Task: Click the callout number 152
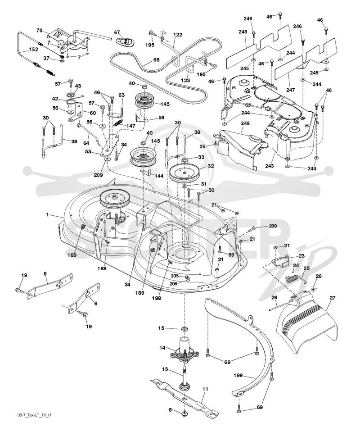(x=34, y=50)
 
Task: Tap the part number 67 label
(x=117, y=32)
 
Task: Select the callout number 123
(x=185, y=81)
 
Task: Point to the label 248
(x=243, y=32)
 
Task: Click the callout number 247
(x=291, y=90)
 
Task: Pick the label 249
(x=245, y=123)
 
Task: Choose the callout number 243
(x=270, y=166)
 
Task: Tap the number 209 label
(x=98, y=175)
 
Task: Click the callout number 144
(x=159, y=176)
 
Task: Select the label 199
(x=238, y=376)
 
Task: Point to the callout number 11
(x=205, y=389)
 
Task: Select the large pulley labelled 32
(x=184, y=173)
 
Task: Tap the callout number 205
(x=175, y=276)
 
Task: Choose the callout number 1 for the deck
(x=47, y=214)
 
